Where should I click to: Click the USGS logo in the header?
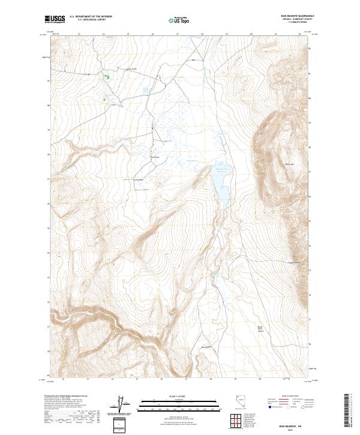click(x=55, y=20)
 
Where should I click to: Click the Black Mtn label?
click(x=289, y=164)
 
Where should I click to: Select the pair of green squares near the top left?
click(x=107, y=77)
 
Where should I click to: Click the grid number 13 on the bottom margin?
click(x=88, y=379)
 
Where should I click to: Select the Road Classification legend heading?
click(x=284, y=397)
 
